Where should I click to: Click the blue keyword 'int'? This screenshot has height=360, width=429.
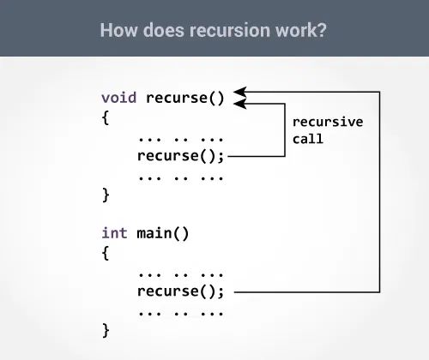coord(115,232)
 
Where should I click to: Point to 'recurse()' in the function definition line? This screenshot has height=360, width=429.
coord(184,97)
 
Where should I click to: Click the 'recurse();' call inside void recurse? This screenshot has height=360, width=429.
coord(180,156)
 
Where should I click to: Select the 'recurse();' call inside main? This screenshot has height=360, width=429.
coord(180,291)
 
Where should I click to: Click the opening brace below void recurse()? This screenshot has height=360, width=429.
coord(106,117)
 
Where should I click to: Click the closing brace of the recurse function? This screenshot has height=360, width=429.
coord(106,195)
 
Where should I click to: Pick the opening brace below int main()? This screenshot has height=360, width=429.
coord(106,253)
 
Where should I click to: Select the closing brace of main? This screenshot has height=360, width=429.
coord(106,329)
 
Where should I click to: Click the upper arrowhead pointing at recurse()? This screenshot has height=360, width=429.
coord(241,90)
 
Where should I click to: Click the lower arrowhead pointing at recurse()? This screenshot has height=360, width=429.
coord(241,104)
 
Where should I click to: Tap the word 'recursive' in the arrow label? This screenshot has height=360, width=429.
coord(328,122)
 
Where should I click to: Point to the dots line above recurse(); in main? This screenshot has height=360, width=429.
coord(180,273)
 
